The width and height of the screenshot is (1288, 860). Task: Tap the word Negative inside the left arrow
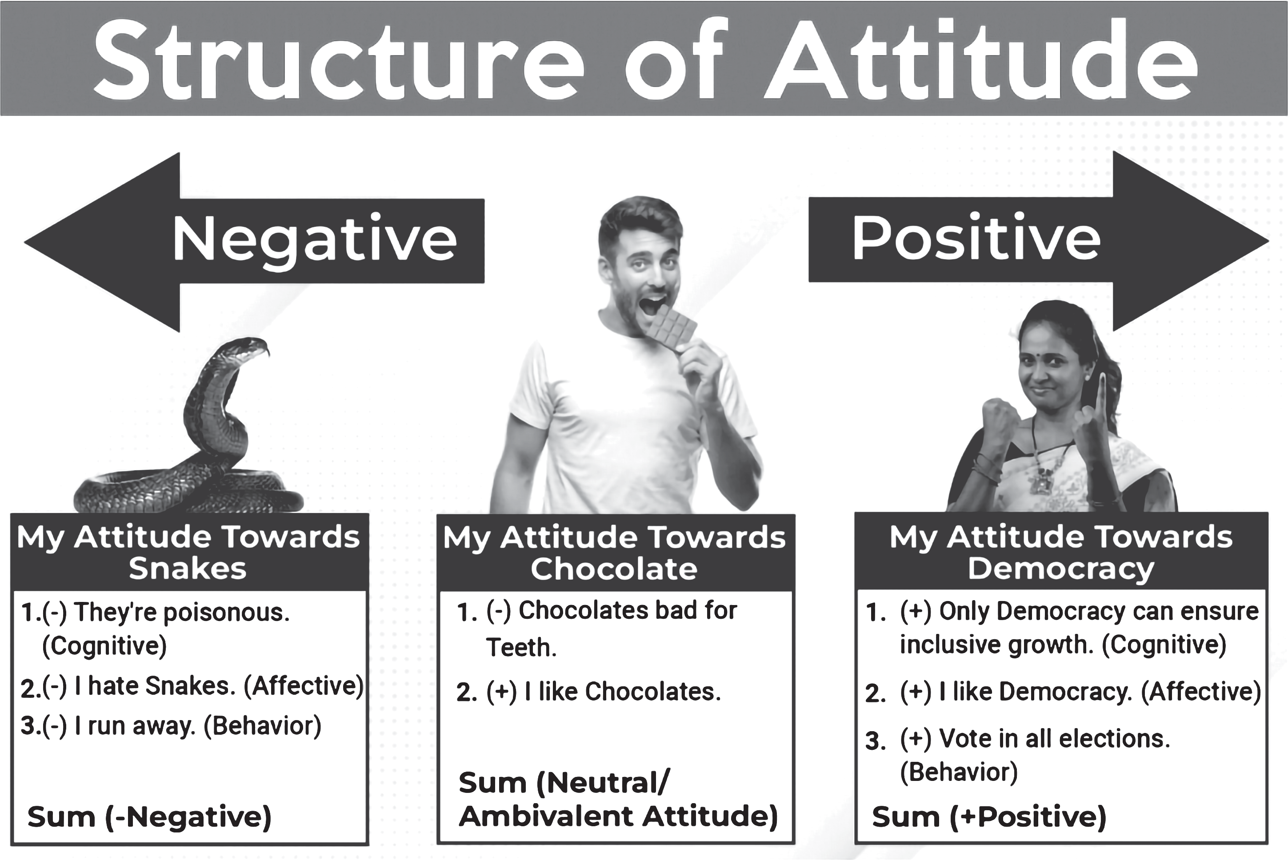pos(315,240)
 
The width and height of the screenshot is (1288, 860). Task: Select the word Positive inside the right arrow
pos(976,238)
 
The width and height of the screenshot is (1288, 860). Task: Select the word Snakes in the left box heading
pos(188,568)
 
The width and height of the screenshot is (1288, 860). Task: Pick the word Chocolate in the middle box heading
pos(614,569)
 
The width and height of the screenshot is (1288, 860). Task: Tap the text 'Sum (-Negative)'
pos(149,816)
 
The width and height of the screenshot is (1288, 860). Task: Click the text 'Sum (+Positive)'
pos(989,816)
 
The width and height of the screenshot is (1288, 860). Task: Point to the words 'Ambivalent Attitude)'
pos(619,816)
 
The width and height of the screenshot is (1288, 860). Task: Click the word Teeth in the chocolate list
pos(521,647)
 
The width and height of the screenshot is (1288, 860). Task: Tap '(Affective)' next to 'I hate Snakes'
pos(304,685)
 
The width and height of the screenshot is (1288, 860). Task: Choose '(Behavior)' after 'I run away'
pos(262,726)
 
